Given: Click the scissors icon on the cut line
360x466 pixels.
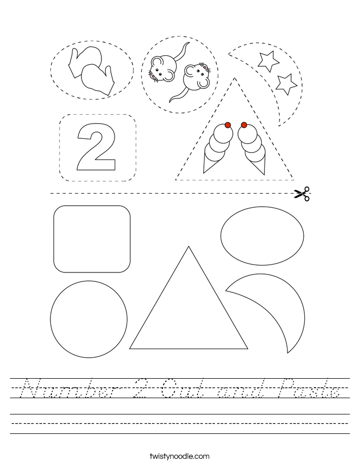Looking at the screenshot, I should [x=302, y=194].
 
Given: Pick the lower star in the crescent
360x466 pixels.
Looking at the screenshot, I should [x=286, y=83].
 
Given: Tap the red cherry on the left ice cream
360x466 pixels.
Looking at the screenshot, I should [x=228, y=125].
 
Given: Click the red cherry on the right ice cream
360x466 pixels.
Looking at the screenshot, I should [x=244, y=125].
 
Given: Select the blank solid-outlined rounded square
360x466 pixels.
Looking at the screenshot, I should [x=92, y=239].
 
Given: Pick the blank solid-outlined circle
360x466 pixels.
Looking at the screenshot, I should [x=88, y=319].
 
